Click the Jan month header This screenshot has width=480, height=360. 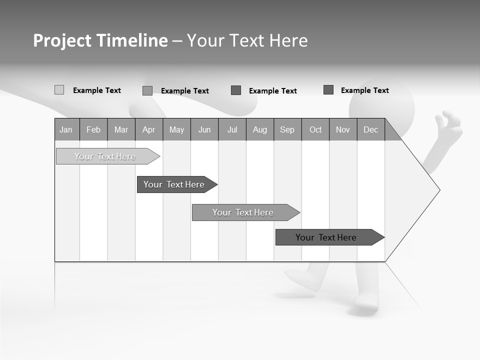click(66, 129)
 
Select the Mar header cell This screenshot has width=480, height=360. click(121, 129)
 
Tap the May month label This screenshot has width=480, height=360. click(176, 129)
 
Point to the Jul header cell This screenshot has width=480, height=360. click(232, 129)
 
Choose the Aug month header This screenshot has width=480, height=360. click(259, 129)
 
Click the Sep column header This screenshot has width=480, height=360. click(287, 129)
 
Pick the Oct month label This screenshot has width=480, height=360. click(315, 129)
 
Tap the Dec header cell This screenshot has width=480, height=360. click(370, 129)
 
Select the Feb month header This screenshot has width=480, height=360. click(93, 129)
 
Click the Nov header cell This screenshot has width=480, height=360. click(342, 129)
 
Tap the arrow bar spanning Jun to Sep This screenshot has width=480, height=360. click(244, 212)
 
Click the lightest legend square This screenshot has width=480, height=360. click(59, 90)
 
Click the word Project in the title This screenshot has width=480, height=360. click(62, 40)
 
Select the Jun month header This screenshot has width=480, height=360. click(204, 129)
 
